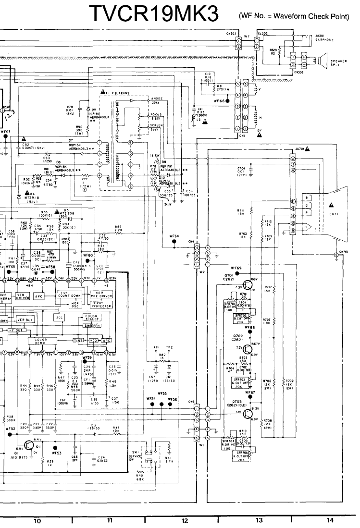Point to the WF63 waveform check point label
pyautogui.click(x=5, y=131)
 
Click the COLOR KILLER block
pyautogui.click(x=91, y=318)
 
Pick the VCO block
pyautogui.click(x=94, y=340)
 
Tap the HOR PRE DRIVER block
pyautogui.click(x=101, y=295)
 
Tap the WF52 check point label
pyautogui.click(x=11, y=428)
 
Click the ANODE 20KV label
pyautogui.click(x=157, y=100)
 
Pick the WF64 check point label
pyautogui.click(x=174, y=236)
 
